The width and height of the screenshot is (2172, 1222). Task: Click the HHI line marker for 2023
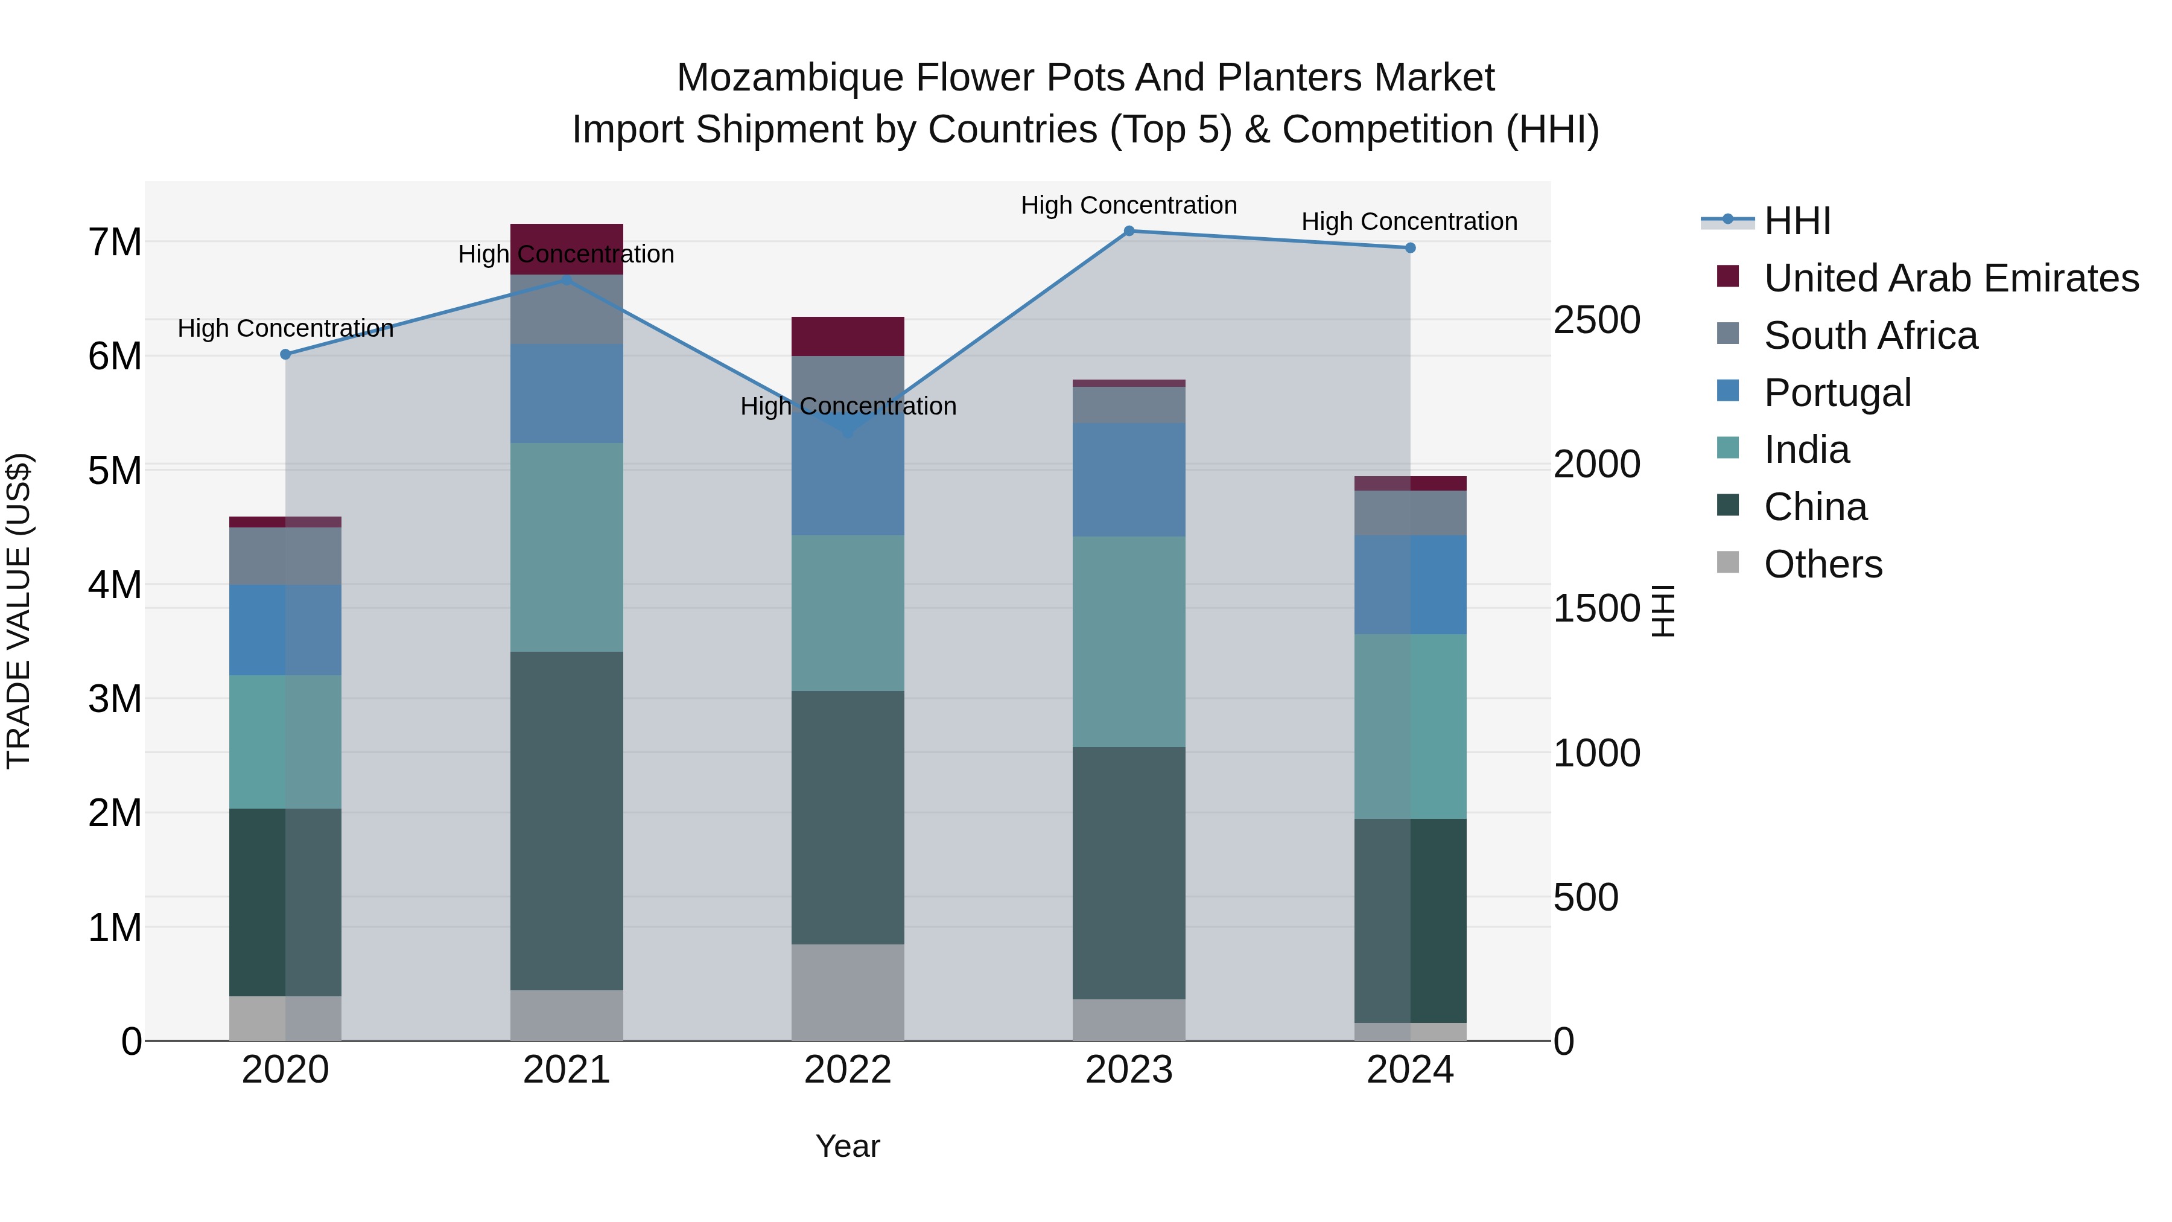point(1129,231)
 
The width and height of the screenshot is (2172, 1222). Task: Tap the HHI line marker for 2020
point(285,354)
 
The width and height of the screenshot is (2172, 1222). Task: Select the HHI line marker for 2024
point(1410,248)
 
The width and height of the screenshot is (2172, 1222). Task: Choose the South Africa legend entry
point(1870,336)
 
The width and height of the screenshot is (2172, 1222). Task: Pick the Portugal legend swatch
point(1728,391)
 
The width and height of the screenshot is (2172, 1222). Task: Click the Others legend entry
point(1822,564)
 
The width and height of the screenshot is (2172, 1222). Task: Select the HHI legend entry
point(1796,221)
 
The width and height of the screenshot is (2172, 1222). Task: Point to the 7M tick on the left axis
point(115,242)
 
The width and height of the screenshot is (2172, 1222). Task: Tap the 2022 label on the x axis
point(848,1070)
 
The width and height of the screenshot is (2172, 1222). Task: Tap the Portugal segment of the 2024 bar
point(1410,584)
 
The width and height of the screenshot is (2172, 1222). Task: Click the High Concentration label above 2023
point(1129,205)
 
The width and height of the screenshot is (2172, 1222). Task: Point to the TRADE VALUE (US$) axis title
point(19,611)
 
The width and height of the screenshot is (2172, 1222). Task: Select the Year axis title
point(848,1146)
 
